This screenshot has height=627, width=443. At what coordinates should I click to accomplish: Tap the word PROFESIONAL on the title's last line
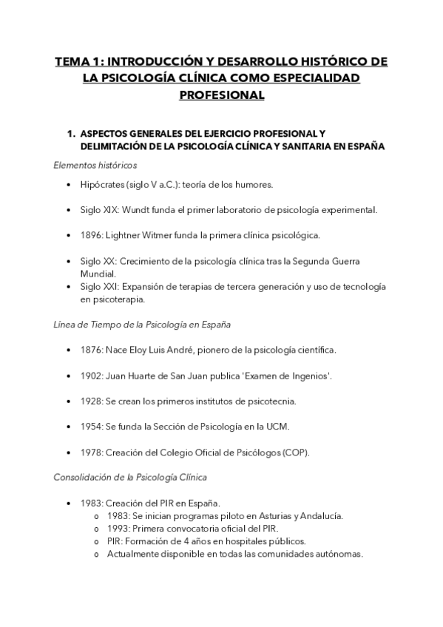tap(221, 95)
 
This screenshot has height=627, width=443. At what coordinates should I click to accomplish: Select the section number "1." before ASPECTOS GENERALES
tap(71, 134)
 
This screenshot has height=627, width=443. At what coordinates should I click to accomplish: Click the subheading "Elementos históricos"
tap(95, 165)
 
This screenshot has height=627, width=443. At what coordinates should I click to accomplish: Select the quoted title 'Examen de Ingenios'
tap(287, 376)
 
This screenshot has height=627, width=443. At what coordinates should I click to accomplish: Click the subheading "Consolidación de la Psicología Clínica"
tap(130, 478)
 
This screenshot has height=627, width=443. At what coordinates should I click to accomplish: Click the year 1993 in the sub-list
tap(118, 528)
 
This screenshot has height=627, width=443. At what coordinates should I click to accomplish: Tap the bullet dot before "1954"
tap(69, 427)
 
